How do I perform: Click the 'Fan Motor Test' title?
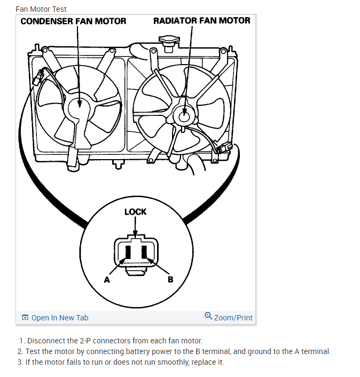pos(41,9)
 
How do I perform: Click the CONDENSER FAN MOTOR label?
pos(73,21)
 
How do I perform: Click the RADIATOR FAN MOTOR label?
pos(201,21)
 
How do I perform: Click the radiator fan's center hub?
pos(184,113)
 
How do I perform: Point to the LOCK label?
pos(135,211)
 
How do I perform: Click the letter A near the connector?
pos(107,279)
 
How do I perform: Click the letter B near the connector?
pos(170,279)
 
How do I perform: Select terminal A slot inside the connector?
pos(128,253)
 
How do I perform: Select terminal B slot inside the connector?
pos(144,253)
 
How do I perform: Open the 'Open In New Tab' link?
pos(60,318)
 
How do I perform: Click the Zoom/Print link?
pos(233,318)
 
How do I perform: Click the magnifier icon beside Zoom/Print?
pos(208,317)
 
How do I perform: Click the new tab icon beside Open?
pos(25,318)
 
